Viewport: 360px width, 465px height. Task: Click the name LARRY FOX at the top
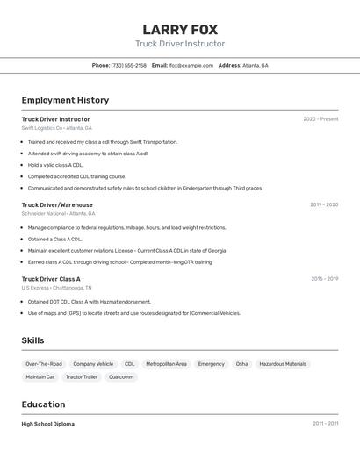tap(180, 29)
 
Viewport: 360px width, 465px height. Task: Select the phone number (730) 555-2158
tap(128, 65)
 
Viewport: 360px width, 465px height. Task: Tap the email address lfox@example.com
tap(191, 65)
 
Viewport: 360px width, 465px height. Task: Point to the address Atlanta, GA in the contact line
tap(256, 65)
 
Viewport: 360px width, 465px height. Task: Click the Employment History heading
tap(65, 100)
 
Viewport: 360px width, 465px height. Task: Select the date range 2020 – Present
tap(320, 119)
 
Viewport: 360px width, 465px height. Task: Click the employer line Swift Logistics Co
tap(56, 128)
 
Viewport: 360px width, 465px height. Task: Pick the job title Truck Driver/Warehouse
tap(57, 204)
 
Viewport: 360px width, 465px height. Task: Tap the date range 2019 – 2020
tap(323, 204)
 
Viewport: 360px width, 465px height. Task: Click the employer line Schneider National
tap(58, 213)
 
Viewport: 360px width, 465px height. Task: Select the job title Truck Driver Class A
tap(51, 279)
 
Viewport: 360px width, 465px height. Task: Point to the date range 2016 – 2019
tap(324, 279)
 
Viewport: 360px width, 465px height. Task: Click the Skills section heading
tap(32, 340)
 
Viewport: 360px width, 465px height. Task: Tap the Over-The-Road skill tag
tap(44, 364)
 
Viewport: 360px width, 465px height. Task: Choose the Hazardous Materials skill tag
tap(283, 364)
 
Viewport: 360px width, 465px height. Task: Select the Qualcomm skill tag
tap(121, 377)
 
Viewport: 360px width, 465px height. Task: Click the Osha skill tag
tap(241, 364)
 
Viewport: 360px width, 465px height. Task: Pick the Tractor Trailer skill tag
tap(82, 377)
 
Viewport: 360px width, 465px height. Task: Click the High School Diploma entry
tap(48, 425)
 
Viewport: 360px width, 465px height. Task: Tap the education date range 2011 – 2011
tap(325, 424)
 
